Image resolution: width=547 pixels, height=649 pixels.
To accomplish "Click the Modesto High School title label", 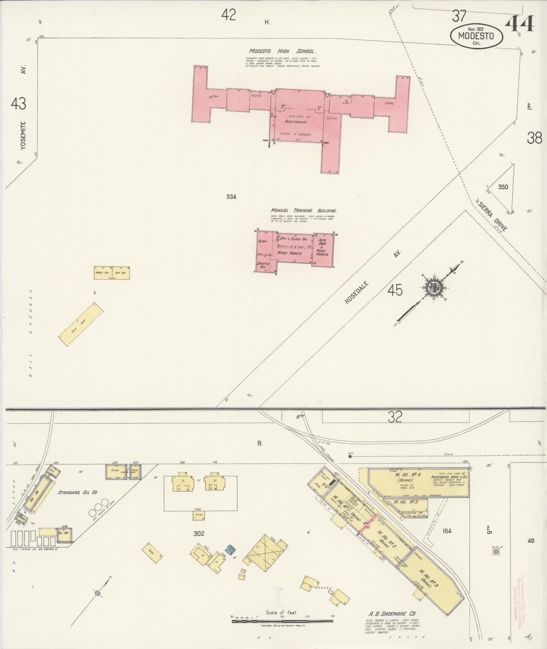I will [x=282, y=52].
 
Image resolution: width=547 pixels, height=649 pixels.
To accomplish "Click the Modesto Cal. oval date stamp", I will [x=476, y=35].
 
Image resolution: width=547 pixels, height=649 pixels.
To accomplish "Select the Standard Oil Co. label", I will [x=78, y=492].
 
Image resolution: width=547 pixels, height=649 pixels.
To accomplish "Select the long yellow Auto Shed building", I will [x=81, y=324].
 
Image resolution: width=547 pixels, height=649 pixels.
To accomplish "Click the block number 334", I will [x=231, y=197].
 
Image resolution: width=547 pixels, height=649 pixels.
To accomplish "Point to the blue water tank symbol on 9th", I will [x=496, y=552].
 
